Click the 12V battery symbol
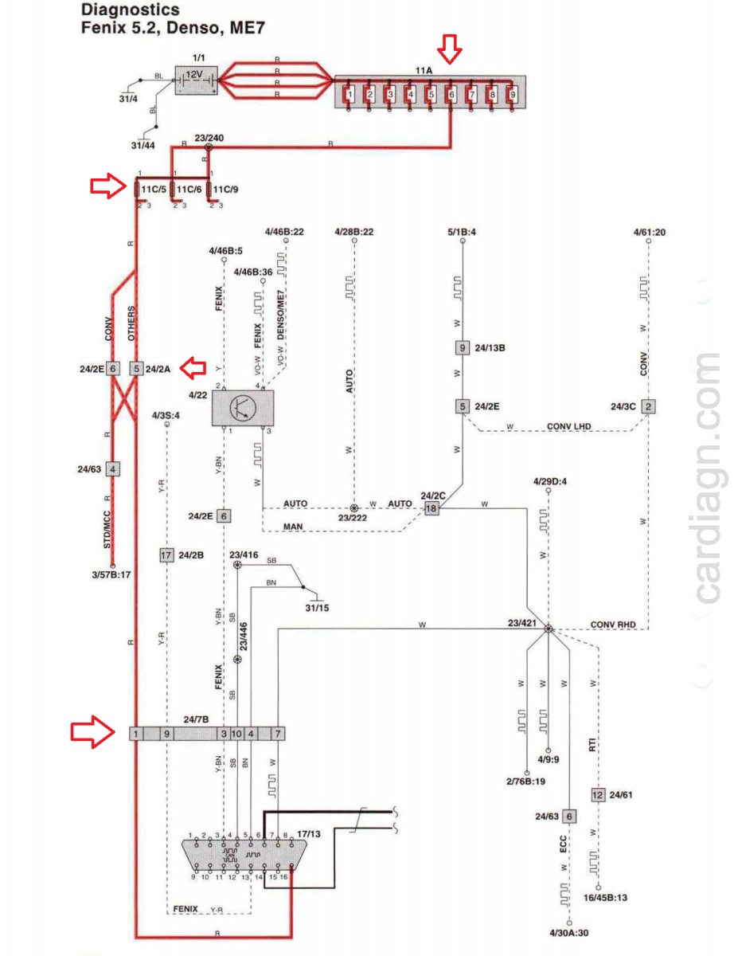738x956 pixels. point(197,79)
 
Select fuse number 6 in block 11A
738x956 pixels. point(451,94)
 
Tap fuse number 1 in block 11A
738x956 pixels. point(349,94)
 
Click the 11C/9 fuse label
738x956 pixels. point(226,190)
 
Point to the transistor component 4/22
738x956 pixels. point(242,408)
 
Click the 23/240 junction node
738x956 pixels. point(209,147)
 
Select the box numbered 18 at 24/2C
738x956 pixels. point(431,507)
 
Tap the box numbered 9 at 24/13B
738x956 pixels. point(462,347)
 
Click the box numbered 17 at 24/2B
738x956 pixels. point(166,555)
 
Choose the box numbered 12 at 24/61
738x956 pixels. point(598,794)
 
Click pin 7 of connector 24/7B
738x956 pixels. point(277,733)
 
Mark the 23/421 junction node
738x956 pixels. point(548,629)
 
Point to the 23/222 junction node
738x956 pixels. point(354,507)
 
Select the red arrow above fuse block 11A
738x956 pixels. point(451,52)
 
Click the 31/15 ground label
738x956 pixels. point(316,608)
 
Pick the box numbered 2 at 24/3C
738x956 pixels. point(650,406)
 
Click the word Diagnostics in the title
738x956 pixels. point(130,10)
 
